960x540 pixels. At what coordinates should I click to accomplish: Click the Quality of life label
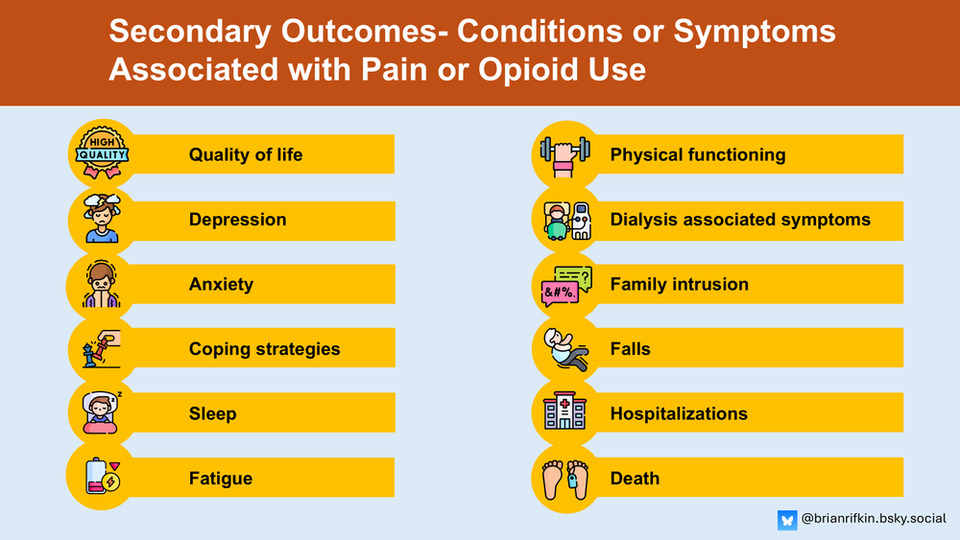coord(245,154)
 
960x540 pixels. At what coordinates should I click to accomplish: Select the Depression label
coord(237,219)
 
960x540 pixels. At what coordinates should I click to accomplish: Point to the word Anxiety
coord(221,284)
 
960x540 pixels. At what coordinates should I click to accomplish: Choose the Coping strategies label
coord(264,348)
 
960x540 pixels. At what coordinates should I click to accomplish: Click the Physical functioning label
coord(697,154)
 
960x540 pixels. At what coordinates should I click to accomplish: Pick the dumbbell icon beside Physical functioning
coord(564,153)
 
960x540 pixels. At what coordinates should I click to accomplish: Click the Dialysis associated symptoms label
coord(739,219)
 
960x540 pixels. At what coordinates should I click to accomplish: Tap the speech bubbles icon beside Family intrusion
coord(566,284)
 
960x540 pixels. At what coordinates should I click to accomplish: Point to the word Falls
coord(630,348)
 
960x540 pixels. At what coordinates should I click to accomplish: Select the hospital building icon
coord(564,412)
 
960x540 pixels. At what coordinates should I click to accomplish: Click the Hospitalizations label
coord(678,413)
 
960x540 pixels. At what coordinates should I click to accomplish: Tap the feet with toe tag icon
coord(564,478)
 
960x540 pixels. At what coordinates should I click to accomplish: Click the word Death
coord(635,478)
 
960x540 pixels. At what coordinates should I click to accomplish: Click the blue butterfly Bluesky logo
coord(787,519)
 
